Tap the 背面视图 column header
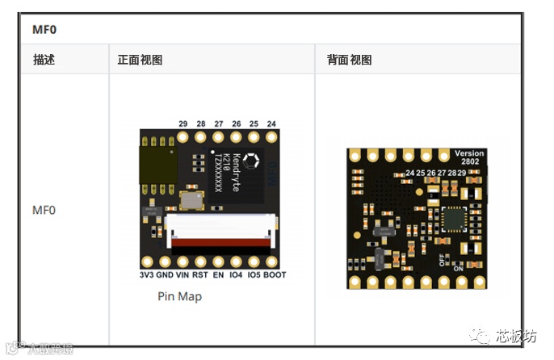point(349,60)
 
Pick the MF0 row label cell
point(44,210)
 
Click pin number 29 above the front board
point(183,123)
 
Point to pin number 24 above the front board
point(271,123)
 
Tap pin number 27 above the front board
point(219,123)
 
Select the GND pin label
point(165,275)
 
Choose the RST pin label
point(200,275)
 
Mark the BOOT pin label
point(275,275)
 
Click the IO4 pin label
point(236,275)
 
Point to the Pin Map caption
point(179,296)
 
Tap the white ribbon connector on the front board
point(220,230)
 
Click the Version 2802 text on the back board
point(469,158)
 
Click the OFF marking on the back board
point(442,260)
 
